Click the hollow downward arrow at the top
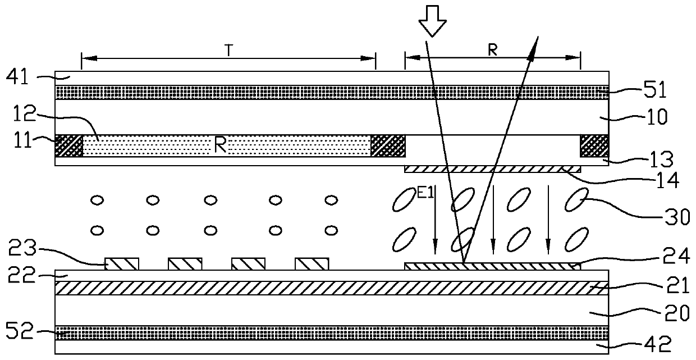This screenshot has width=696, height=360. pyautogui.click(x=432, y=25)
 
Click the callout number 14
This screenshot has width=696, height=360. pyautogui.click(x=668, y=181)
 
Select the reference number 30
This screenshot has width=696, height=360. pyautogui.click(x=678, y=216)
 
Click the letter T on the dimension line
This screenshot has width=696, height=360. pyautogui.click(x=229, y=50)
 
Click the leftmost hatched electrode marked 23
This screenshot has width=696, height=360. pyautogui.click(x=122, y=264)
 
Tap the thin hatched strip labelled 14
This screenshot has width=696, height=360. pyautogui.click(x=492, y=169)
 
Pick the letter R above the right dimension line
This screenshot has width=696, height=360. pyautogui.click(x=492, y=50)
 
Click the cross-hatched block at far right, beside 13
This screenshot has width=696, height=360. pyautogui.click(x=594, y=146)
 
